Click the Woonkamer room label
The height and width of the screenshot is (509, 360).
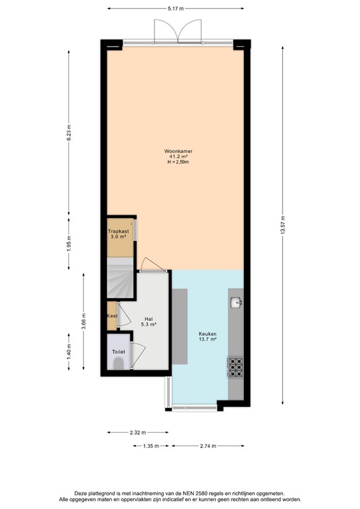tap(179, 151)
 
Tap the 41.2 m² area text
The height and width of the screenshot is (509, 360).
tap(179, 156)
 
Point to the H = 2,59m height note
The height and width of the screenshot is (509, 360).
tap(179, 162)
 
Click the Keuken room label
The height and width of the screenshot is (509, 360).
tap(208, 334)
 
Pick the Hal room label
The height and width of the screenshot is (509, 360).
tap(149, 319)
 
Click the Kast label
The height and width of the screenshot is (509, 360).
tap(112, 316)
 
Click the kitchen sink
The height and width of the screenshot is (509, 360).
tap(235, 303)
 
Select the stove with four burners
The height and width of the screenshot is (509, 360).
tap(235, 367)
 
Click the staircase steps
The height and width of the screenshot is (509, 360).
tap(119, 278)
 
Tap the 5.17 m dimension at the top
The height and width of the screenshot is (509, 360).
tap(176, 9)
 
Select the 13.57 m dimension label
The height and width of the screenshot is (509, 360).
tap(283, 227)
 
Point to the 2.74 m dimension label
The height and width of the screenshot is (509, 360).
tap(208, 447)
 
